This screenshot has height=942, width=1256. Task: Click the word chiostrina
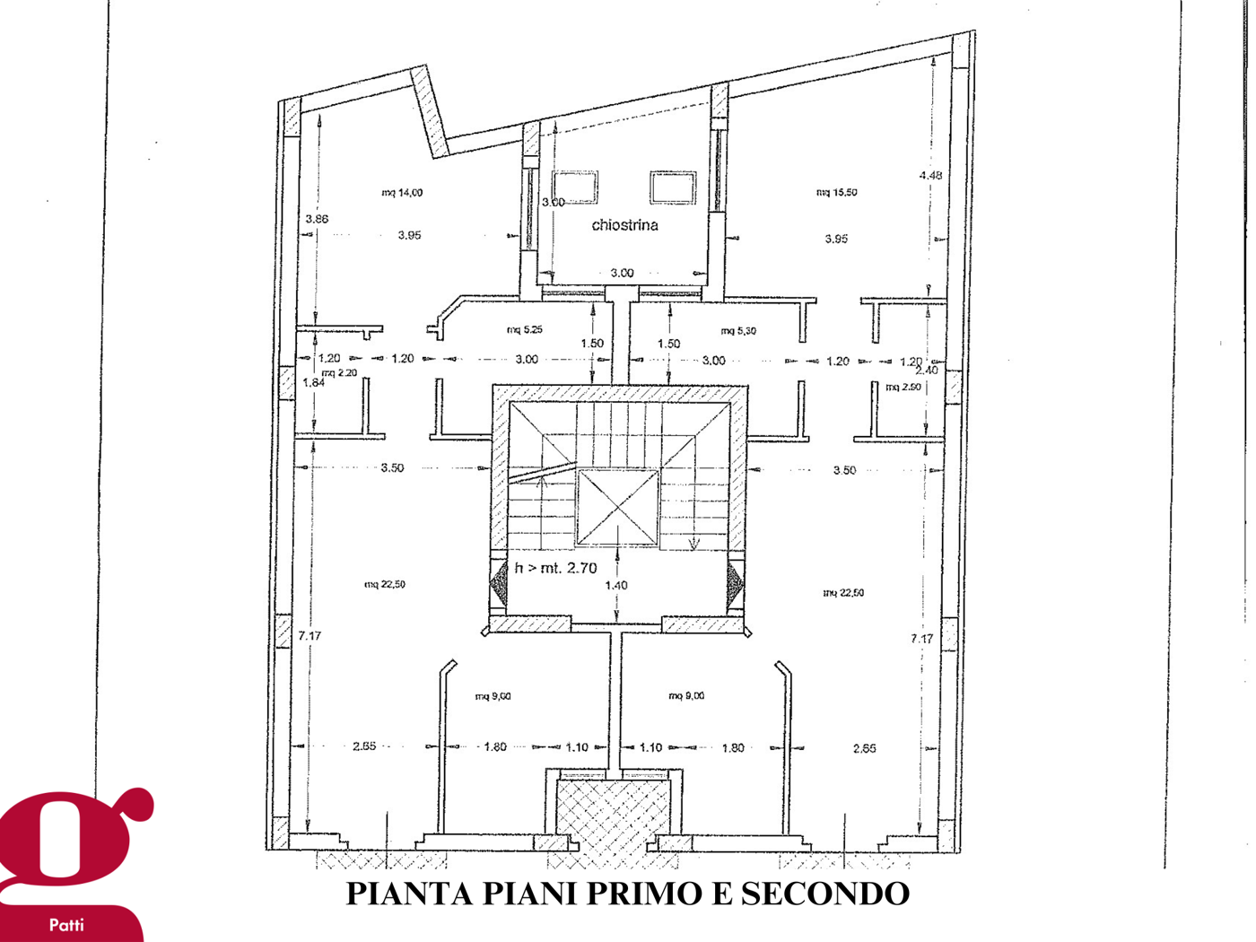[624, 225]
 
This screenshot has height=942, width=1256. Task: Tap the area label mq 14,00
[402, 193]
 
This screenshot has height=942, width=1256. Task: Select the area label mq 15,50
[836, 193]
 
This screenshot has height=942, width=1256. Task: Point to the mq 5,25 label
[525, 330]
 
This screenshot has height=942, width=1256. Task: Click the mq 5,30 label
[738, 331]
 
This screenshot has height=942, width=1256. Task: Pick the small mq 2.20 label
[339, 372]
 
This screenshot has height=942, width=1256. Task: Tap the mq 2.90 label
[903, 388]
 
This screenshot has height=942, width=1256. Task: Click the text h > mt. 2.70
[555, 568]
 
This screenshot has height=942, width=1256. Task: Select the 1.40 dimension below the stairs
[615, 586]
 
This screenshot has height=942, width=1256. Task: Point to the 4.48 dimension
[930, 176]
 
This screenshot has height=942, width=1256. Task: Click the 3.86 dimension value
[317, 219]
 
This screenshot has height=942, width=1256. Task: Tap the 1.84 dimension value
[313, 383]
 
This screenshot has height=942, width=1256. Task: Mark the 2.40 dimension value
[927, 371]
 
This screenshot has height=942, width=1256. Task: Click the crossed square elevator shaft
[617, 507]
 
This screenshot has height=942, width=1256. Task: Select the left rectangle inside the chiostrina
[575, 187]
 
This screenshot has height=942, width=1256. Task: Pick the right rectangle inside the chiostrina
[673, 188]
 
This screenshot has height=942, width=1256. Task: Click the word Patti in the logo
[66, 925]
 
